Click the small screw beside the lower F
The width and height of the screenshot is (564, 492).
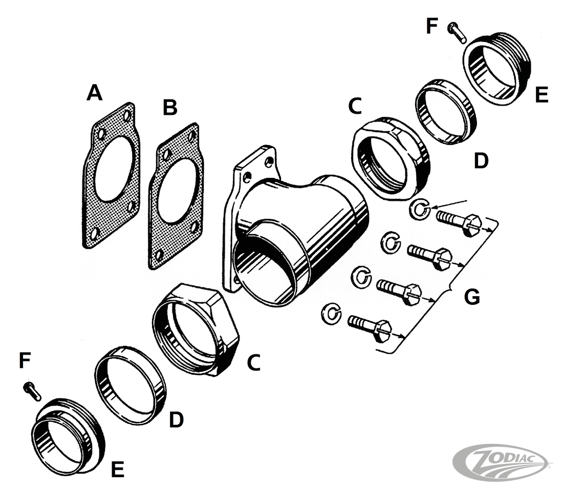32,392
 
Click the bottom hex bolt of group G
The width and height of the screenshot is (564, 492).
370,327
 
